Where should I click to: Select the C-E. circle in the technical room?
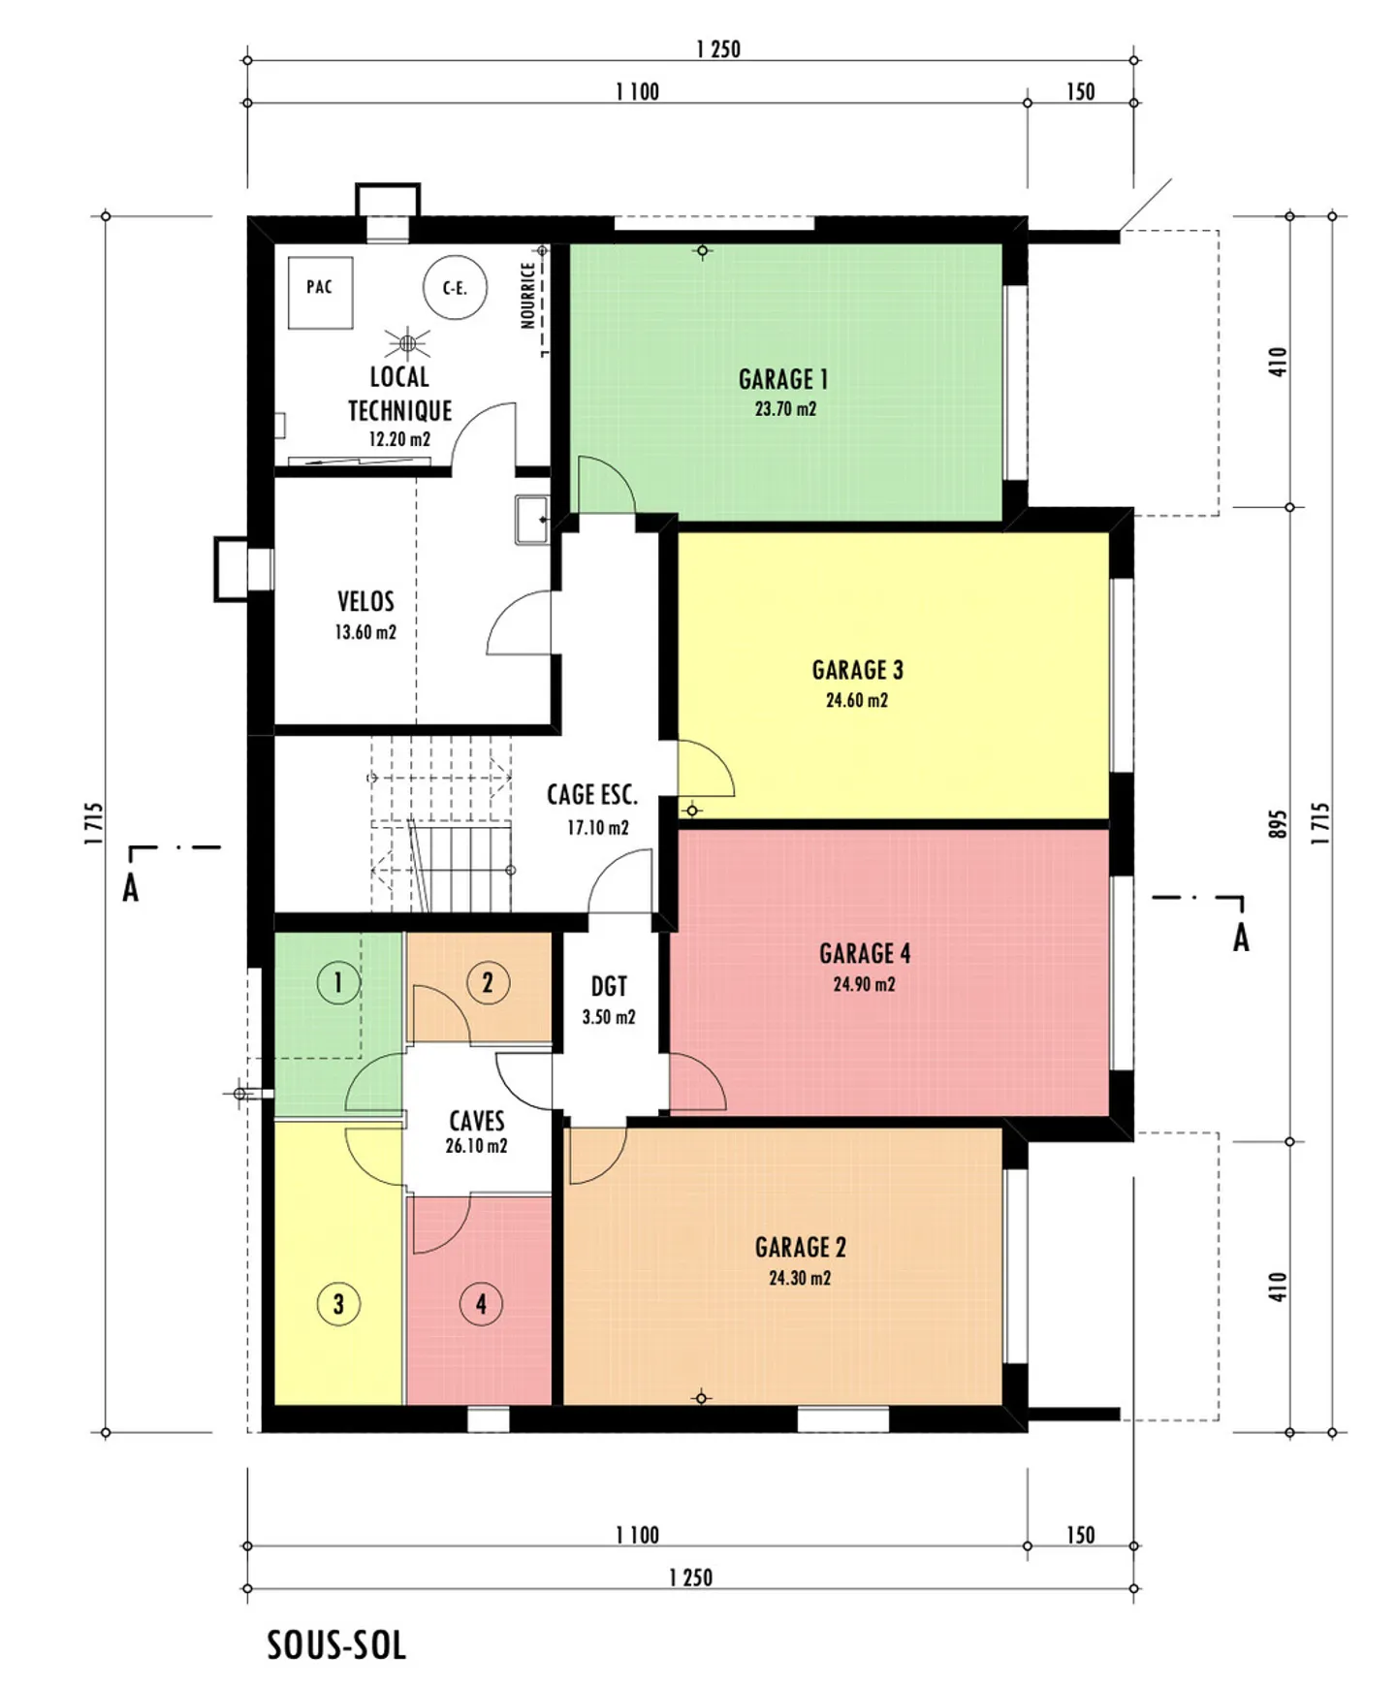tap(455, 288)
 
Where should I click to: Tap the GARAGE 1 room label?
tap(783, 379)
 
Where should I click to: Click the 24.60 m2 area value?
tap(857, 700)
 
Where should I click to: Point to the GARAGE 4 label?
tap(865, 954)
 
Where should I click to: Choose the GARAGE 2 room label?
tap(801, 1247)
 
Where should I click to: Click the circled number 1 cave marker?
tap(338, 983)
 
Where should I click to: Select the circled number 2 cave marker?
tap(488, 983)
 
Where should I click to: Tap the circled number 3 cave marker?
tap(338, 1304)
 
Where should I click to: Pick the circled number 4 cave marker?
tap(481, 1304)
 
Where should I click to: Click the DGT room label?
tap(609, 987)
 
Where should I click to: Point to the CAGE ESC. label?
tap(592, 795)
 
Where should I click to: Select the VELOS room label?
tap(365, 602)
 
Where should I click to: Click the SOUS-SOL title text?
tap(336, 1645)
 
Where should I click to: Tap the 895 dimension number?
tap(1278, 824)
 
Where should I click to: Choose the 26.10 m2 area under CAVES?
tap(477, 1146)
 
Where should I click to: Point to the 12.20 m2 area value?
tap(399, 439)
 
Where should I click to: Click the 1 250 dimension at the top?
tap(718, 49)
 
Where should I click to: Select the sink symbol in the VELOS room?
tap(531, 520)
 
